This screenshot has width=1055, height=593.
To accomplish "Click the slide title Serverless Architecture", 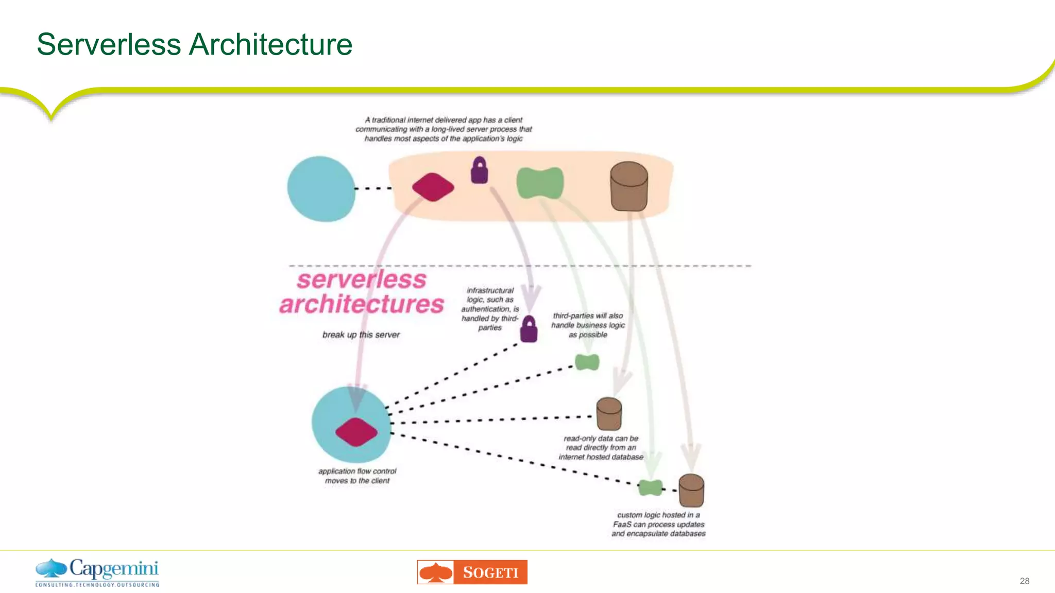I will (194, 44).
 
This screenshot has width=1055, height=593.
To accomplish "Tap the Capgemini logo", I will (97, 572).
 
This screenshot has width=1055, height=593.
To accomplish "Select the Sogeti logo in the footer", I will (472, 572).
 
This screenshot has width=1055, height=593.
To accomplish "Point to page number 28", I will (1024, 581).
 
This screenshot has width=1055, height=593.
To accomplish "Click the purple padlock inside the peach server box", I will (480, 170).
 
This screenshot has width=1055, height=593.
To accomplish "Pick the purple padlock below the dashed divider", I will (529, 329).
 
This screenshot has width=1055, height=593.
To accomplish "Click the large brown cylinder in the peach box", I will (628, 186).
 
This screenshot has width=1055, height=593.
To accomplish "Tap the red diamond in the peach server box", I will (433, 187).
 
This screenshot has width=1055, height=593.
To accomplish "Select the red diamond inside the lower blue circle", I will (356, 432).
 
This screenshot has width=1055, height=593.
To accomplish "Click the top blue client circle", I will (321, 189).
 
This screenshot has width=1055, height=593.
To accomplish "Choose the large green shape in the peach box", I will (540, 183).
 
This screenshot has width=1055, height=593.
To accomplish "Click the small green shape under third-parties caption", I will (587, 362).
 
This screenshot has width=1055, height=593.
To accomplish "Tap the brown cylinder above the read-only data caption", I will (609, 413).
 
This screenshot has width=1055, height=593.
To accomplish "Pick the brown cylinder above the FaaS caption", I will (691, 490).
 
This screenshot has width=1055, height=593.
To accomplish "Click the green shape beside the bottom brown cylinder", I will (650, 487).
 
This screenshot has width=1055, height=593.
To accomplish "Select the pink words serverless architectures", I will (362, 292).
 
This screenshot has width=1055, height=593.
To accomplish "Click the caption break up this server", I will (361, 335).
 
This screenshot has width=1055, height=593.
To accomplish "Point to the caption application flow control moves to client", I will (357, 476).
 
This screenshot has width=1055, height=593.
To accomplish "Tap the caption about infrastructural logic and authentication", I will (490, 309).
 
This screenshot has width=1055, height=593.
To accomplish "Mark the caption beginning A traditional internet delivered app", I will (444, 129).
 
